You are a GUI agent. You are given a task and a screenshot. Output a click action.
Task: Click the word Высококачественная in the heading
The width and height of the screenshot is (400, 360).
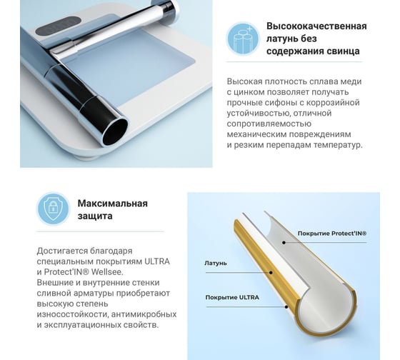click(x=316, y=26)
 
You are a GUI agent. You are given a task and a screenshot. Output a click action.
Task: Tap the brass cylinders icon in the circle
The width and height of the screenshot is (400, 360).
click(x=243, y=39)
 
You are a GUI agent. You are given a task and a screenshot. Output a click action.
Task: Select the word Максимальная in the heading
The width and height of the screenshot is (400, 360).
click(x=113, y=204)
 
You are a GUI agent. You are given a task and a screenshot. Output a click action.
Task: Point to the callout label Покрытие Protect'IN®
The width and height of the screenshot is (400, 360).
click(x=332, y=234)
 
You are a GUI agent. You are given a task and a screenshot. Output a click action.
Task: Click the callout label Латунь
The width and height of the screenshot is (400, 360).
click(x=216, y=263)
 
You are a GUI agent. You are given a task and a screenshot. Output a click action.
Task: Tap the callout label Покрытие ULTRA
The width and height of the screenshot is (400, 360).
click(x=232, y=297)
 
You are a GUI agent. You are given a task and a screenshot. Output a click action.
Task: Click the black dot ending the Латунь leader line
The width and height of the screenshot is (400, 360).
click(x=271, y=273)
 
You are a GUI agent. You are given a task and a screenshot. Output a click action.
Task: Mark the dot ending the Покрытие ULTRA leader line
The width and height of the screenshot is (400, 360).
click(x=286, y=306)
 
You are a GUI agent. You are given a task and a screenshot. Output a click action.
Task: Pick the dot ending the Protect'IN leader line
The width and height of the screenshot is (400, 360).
click(x=284, y=243)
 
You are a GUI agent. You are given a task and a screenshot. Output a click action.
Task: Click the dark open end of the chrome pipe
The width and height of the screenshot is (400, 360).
click(x=115, y=132)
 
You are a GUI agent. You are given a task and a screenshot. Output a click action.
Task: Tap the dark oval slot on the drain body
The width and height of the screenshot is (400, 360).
click(x=58, y=26)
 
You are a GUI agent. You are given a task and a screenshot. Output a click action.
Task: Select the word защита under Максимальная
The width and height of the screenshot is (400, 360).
click(x=95, y=216)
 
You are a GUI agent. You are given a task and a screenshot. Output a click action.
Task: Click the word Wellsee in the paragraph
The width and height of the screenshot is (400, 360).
click(x=107, y=272)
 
